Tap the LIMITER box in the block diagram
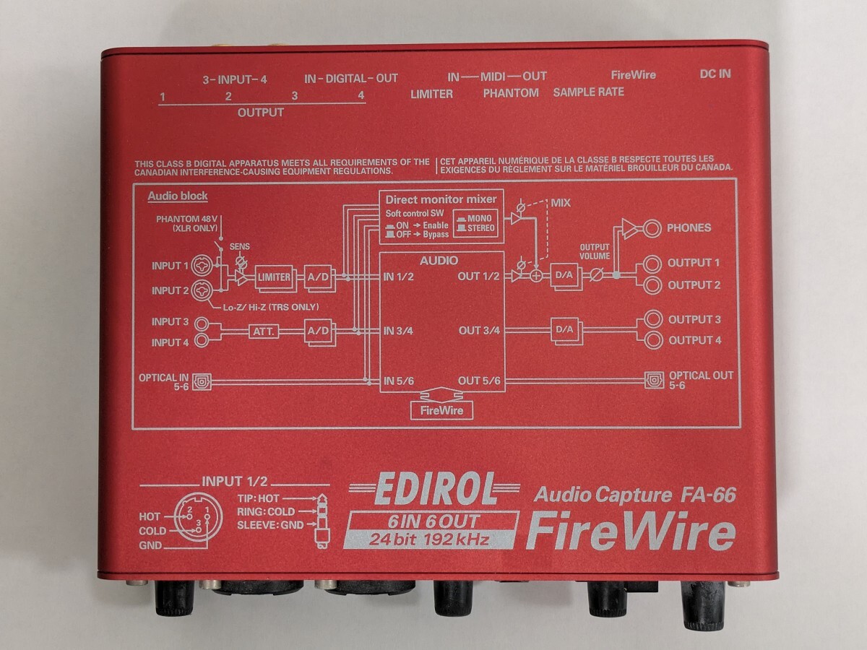coord(274,277)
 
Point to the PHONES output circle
coord(652,228)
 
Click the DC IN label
coord(715,75)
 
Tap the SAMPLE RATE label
coord(588,92)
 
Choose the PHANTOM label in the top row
coord(511,92)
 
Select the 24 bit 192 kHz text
coord(430,539)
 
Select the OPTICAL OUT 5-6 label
coord(700,381)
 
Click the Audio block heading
coord(178,196)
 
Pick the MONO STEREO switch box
coord(475,224)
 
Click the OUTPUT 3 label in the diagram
coord(694,319)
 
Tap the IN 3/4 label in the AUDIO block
coord(398,331)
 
